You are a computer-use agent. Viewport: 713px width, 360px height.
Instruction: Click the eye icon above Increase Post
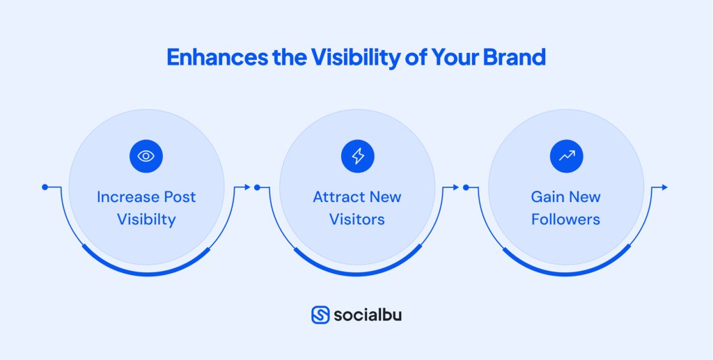tap(146, 156)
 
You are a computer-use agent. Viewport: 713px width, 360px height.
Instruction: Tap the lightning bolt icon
tap(357, 156)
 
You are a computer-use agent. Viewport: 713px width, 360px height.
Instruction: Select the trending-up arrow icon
tap(566, 156)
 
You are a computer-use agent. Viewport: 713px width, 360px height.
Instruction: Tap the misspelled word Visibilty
tap(146, 219)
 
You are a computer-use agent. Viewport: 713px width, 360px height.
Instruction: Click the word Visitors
tap(357, 219)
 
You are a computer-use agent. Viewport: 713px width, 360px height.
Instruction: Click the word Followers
tap(565, 219)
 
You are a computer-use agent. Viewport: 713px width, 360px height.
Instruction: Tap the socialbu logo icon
tap(320, 315)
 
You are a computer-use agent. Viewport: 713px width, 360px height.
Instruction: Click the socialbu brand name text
tap(367, 315)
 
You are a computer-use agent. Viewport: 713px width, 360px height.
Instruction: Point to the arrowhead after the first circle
tap(246, 187)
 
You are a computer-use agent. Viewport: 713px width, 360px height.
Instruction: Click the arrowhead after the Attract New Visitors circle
tap(456, 187)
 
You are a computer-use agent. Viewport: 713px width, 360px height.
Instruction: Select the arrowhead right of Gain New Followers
tap(664, 187)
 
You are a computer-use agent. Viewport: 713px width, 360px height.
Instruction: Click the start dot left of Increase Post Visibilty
tap(45, 187)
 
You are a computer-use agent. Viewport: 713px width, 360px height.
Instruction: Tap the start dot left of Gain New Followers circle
tap(466, 187)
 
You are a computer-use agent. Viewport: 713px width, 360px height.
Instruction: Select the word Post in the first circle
tap(180, 197)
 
